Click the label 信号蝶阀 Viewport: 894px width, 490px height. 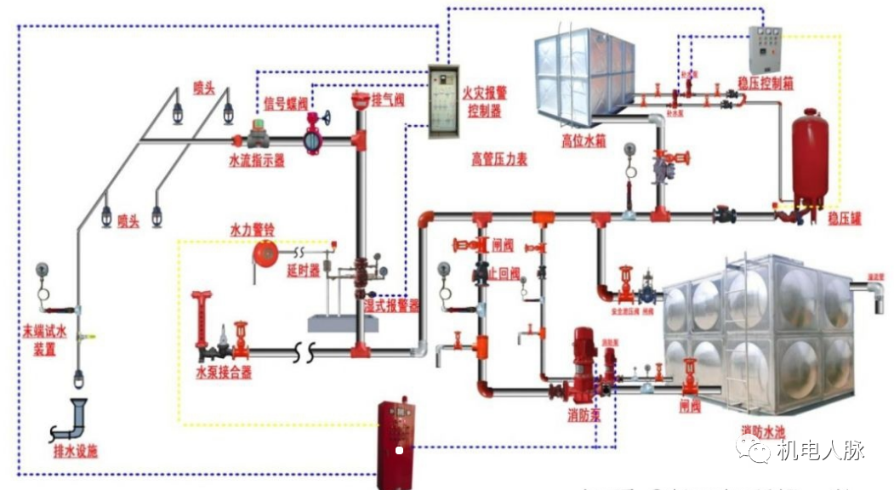coord(282,104)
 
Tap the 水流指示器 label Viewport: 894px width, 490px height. coord(256,160)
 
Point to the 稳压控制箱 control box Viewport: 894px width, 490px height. coord(764,48)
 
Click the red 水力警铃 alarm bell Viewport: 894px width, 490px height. coord(266,253)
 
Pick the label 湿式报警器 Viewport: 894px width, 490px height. coord(391,306)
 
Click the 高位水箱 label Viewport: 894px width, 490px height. coord(584,141)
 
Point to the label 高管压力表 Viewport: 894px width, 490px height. coord(499,159)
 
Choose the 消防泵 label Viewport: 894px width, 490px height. coord(584,415)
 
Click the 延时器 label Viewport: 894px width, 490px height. coord(303,271)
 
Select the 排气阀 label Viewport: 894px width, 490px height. coord(387,100)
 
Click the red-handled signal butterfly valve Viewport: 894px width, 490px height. coord(315,134)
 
